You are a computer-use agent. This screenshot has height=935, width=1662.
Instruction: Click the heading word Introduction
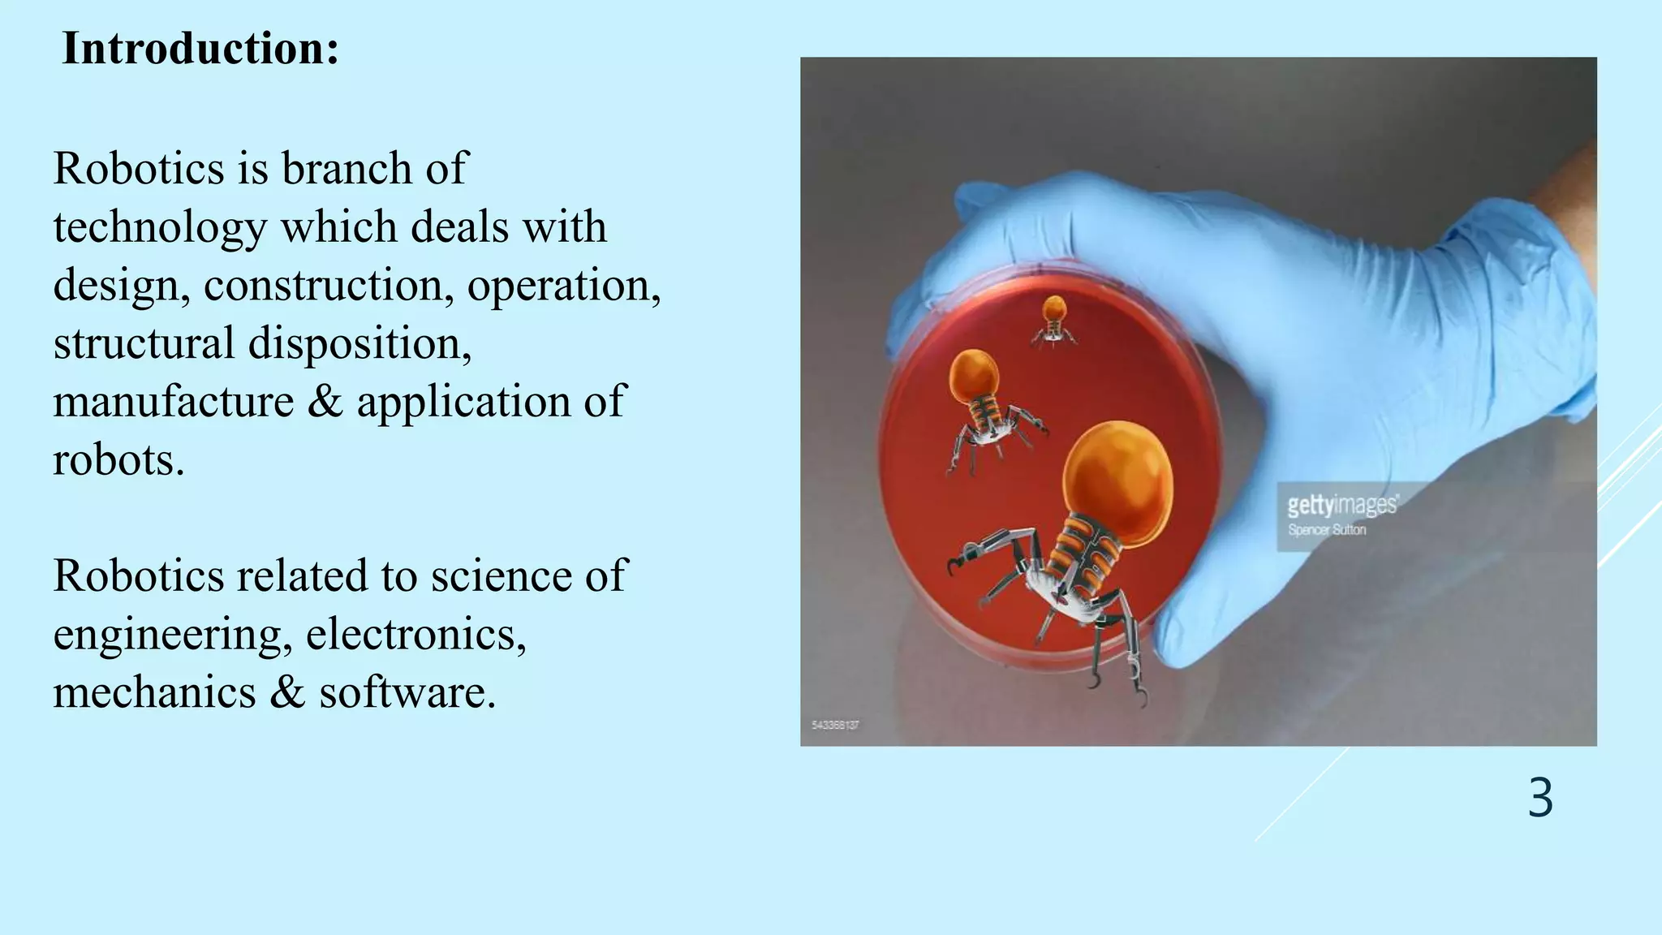point(200,49)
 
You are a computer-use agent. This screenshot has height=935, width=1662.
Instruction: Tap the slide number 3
point(1540,799)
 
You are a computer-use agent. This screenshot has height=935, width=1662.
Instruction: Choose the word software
point(407,693)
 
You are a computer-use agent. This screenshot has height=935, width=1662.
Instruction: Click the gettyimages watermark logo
point(1342,506)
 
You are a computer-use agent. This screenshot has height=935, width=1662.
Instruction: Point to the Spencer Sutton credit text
point(1327,530)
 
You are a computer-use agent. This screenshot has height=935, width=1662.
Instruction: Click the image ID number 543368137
point(835,725)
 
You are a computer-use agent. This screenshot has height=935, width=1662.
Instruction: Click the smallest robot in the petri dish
point(1053,321)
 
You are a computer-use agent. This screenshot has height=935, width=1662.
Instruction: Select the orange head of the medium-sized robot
point(974,374)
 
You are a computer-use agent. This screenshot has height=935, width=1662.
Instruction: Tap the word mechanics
point(154,693)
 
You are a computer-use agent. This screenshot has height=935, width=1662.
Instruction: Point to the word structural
point(144,344)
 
